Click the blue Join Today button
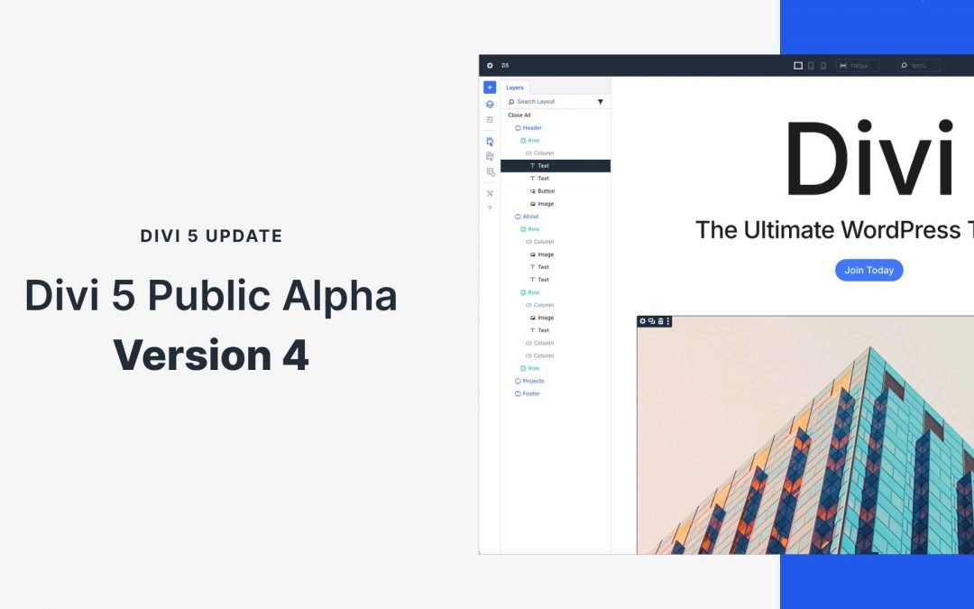pyautogui.click(x=868, y=270)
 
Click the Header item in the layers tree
pyautogui.click(x=531, y=128)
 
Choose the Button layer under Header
pyautogui.click(x=546, y=191)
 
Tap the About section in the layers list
pyautogui.click(x=529, y=217)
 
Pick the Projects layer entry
pyautogui.click(x=532, y=381)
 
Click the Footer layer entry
pyautogui.click(x=530, y=393)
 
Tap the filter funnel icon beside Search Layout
pyautogui.click(x=601, y=102)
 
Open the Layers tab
pyautogui.click(x=515, y=88)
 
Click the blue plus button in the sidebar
pyautogui.click(x=490, y=88)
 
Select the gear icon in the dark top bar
pyautogui.click(x=490, y=65)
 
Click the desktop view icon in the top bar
pyautogui.click(x=797, y=66)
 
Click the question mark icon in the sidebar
pyautogui.click(x=490, y=208)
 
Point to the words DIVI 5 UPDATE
pyautogui.click(x=211, y=236)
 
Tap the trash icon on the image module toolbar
pyautogui.click(x=660, y=321)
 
